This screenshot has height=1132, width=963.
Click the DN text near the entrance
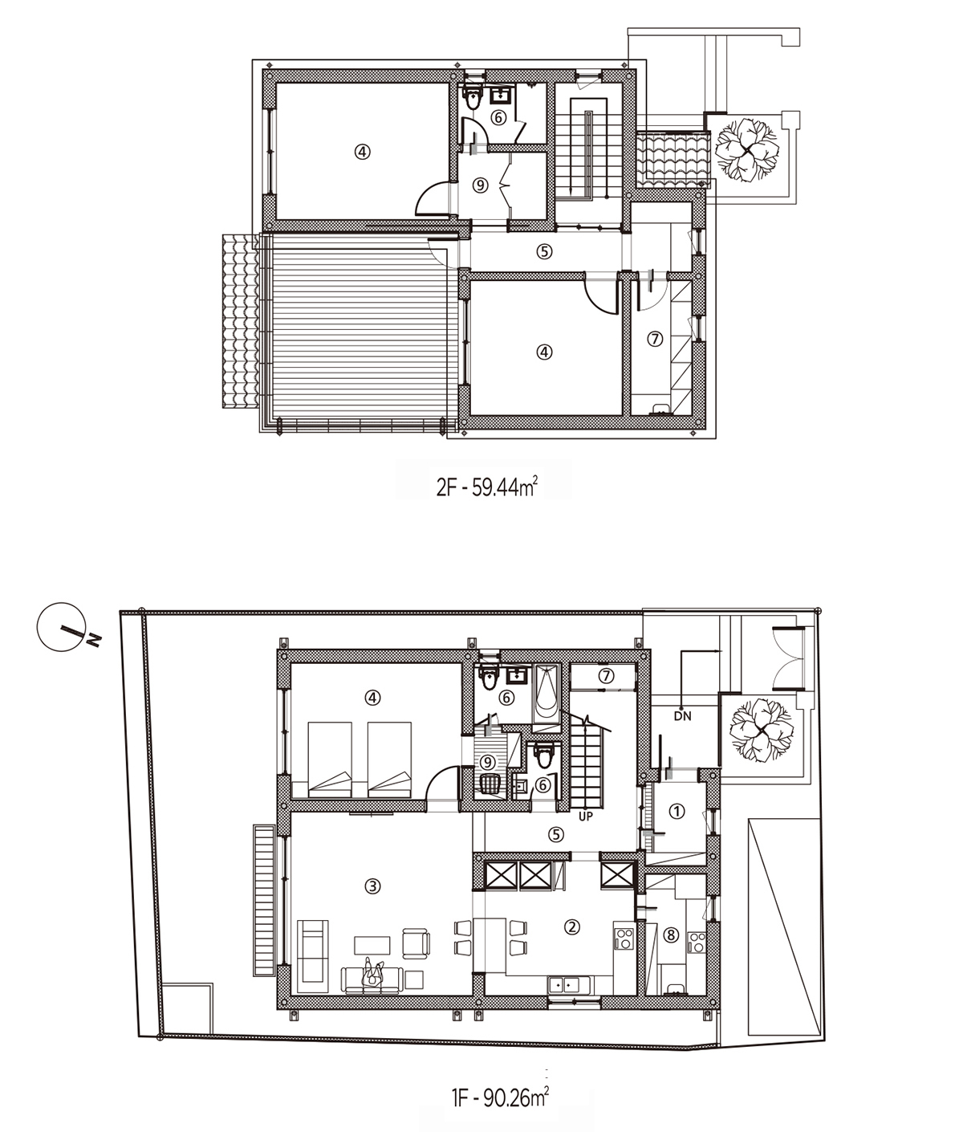[x=683, y=716]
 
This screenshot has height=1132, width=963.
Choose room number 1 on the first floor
[x=677, y=811]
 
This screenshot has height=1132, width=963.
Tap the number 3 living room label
[x=372, y=886]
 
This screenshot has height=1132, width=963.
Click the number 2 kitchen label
[x=571, y=926]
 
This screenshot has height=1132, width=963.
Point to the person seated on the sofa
[x=373, y=974]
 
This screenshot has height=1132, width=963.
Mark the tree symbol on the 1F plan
[x=760, y=731]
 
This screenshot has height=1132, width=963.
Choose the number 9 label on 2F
[x=480, y=185]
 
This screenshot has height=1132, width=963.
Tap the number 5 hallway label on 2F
[x=544, y=251]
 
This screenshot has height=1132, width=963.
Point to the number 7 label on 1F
[x=606, y=676]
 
